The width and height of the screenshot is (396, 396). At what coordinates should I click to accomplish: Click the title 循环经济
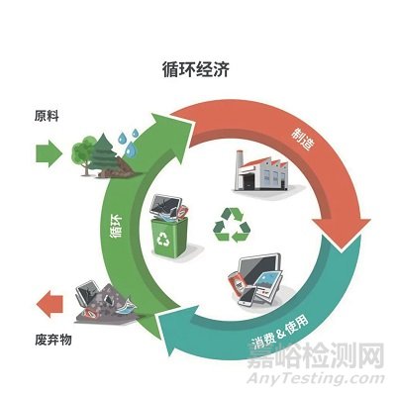click(196, 70)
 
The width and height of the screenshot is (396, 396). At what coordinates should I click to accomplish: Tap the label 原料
click(47, 116)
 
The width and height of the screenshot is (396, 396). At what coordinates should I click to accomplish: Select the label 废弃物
click(53, 340)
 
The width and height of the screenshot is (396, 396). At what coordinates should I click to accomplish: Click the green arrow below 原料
click(49, 153)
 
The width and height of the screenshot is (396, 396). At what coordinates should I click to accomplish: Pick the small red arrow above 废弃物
click(49, 304)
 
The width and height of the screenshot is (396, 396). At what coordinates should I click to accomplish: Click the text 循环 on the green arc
click(116, 226)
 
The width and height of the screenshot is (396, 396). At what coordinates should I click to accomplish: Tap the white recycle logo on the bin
click(163, 239)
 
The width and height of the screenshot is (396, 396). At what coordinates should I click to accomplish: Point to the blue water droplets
click(129, 143)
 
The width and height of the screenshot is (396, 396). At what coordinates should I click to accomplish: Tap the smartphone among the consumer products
click(247, 296)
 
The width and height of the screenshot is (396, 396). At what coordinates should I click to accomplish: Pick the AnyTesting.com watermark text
click(316, 379)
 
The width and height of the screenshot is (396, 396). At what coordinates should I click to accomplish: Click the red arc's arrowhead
click(342, 233)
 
